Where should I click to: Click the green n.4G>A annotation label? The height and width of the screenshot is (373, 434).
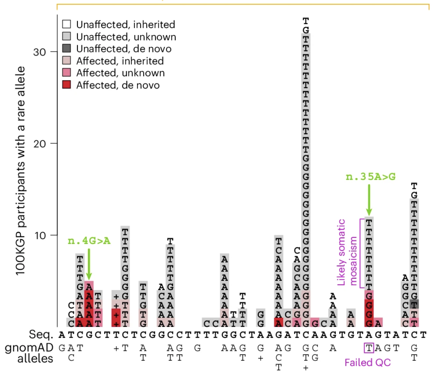pos(89,241)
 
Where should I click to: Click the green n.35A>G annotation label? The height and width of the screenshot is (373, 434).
pos(370,177)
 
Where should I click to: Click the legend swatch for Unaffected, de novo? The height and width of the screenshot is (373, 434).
pos(66,48)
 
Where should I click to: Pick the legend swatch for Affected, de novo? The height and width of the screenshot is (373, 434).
pos(66,85)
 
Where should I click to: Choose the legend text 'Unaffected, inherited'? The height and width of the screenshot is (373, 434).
pos(125,24)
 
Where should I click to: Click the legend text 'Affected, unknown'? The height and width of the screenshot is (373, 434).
pos(120,73)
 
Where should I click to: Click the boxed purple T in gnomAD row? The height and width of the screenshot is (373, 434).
pos(369,348)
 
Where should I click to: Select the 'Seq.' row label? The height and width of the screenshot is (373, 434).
pos(42,335)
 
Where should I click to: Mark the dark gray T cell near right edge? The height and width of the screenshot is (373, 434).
pos(414,304)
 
